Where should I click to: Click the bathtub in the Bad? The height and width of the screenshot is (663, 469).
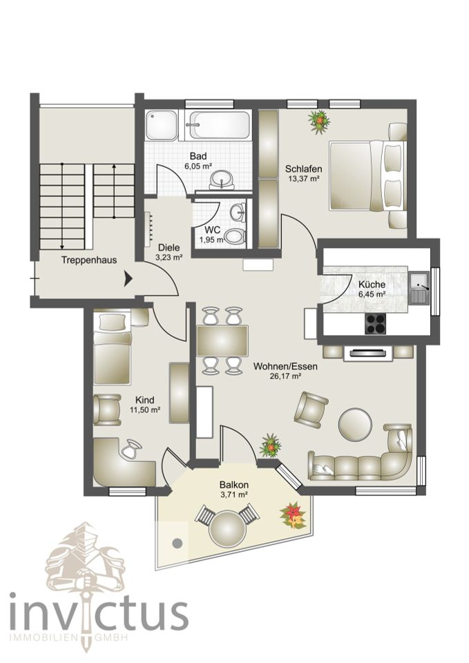click(219, 125)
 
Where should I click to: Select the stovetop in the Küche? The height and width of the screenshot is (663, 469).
click(376, 324)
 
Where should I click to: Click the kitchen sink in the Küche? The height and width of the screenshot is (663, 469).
click(419, 287)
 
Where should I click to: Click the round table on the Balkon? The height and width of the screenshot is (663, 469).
click(227, 528)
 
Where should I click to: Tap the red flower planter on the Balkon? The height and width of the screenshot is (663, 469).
click(293, 515)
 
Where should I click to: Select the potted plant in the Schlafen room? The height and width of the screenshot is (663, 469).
click(319, 122)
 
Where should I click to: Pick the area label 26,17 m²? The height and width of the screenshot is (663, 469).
click(285, 376)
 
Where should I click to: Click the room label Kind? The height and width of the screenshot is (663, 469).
click(144, 400)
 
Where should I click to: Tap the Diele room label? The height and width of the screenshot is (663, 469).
click(169, 248)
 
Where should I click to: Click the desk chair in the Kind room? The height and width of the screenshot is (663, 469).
click(132, 449)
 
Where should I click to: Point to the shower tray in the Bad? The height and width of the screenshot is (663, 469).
click(162, 125)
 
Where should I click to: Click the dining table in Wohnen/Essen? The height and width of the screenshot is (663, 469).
click(222, 340)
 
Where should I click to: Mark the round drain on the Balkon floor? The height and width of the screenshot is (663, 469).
click(178, 543)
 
